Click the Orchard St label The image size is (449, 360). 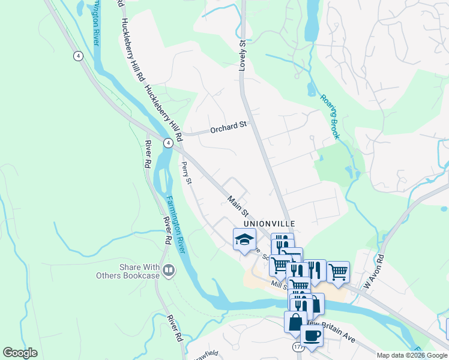(x=228, y=127)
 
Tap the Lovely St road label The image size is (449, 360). (x=243, y=56)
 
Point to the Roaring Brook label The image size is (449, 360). (x=330, y=116)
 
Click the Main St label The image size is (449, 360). (x=238, y=205)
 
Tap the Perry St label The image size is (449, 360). (x=186, y=172)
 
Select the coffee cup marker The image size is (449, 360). (x=312, y=334)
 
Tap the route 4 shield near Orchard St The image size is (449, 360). (x=168, y=143)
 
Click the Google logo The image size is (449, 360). (x=20, y=353)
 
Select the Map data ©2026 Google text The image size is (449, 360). (x=412, y=355)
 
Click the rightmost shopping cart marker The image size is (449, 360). (x=339, y=271)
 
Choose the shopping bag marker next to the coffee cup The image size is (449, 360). (x=295, y=322)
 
